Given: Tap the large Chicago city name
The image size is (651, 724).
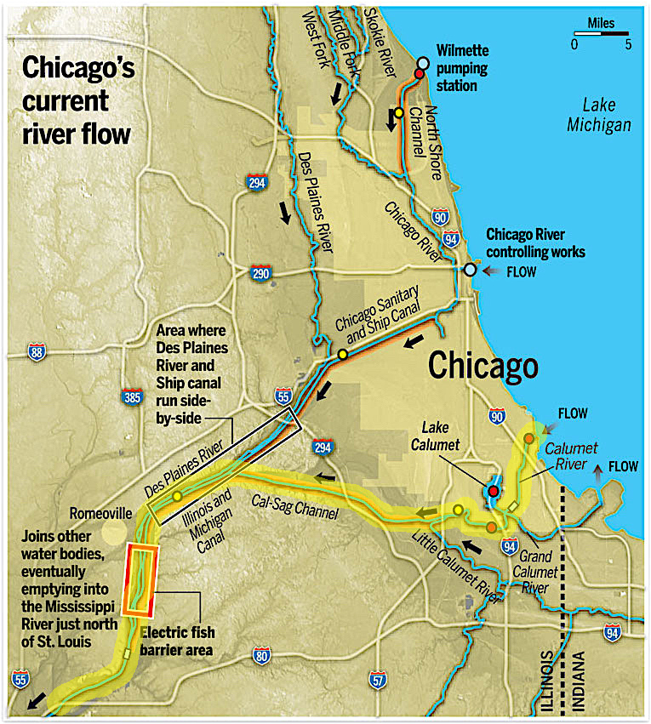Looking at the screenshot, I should coord(483,366).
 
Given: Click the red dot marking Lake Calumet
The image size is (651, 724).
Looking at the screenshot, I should coord(493,492).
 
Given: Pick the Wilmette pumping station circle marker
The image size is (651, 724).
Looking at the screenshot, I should coord(423,64).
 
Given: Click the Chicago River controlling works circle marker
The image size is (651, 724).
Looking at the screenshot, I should coord(470,270).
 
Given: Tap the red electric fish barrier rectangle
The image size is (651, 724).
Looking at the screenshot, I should coord(140,579).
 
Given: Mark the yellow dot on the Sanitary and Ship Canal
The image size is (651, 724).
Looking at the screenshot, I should coord(343,354).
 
